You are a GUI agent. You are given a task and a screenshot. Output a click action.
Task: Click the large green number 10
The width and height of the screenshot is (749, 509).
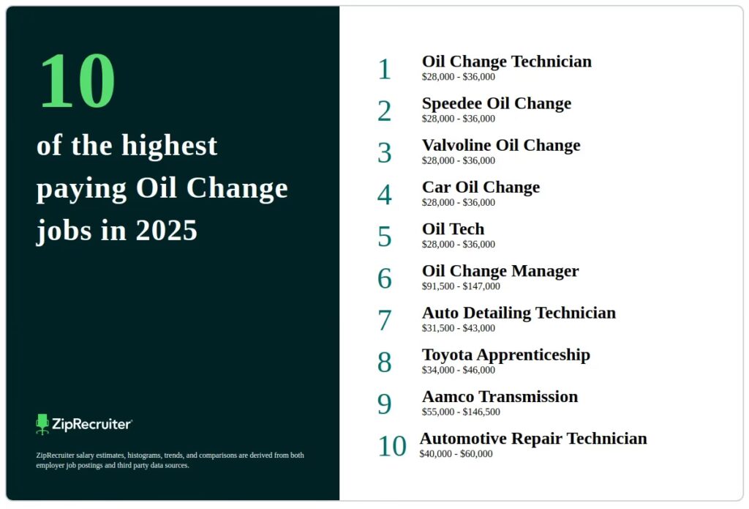[x=78, y=81]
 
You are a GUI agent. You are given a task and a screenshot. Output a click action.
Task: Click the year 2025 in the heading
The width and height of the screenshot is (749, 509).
[x=166, y=231]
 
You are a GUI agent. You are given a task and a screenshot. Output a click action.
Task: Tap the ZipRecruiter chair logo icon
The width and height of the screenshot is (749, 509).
[x=42, y=424]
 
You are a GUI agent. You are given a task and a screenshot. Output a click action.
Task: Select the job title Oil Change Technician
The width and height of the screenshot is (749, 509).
[x=507, y=62]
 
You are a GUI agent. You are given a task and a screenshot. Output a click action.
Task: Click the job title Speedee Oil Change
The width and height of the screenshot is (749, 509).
[x=497, y=103]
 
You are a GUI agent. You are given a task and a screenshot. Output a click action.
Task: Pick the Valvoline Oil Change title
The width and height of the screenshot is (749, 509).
[x=501, y=145]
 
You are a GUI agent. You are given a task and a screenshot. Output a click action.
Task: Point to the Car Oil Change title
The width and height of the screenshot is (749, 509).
[x=481, y=187]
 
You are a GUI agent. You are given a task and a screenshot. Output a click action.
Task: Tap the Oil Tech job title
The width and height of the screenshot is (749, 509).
[x=453, y=229]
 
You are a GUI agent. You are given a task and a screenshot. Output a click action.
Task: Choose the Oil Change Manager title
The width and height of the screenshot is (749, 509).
[x=500, y=271]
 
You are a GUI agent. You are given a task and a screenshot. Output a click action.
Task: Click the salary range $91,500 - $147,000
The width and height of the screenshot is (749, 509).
[x=461, y=286]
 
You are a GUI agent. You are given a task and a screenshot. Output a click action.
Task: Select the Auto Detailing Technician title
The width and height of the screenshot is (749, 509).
[x=519, y=313]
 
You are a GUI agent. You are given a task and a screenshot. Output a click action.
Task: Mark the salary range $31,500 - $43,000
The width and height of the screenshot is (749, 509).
[x=459, y=328]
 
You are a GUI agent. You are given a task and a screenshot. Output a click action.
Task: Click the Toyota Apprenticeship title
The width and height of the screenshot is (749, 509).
[x=506, y=355]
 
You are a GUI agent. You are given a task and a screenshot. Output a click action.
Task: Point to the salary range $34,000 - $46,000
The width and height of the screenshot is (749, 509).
[x=459, y=370]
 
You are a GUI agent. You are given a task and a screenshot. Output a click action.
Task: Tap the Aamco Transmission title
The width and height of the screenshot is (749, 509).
[x=500, y=396]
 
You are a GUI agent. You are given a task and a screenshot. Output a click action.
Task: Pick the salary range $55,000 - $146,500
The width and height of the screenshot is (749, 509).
[x=461, y=412]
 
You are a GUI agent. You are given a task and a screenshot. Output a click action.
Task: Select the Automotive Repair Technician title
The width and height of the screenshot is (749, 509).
[x=533, y=439]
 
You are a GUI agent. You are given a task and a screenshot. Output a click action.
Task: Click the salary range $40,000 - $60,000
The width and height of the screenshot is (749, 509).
[x=456, y=453]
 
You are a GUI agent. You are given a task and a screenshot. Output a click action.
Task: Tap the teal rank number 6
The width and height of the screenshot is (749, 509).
[x=385, y=278]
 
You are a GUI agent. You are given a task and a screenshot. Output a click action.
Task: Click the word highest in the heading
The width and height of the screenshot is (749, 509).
[x=170, y=146]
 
